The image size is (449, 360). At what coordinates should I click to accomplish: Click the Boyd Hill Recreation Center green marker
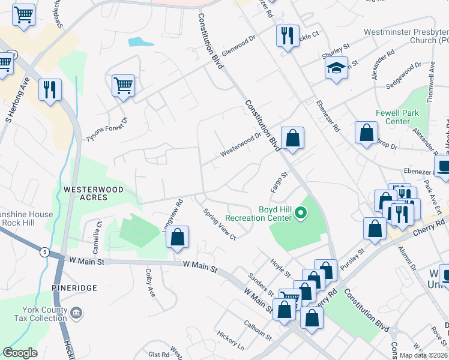point(303,213)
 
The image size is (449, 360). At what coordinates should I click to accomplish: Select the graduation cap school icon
point(336,68)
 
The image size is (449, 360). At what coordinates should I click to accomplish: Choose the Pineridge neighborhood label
point(74,288)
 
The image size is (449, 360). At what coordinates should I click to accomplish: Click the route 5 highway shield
point(45,252)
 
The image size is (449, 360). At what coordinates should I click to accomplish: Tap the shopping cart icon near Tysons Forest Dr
point(123,86)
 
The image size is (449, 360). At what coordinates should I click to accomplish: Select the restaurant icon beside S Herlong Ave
point(49,90)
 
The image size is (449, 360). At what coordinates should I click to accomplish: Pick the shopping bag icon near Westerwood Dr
point(292,138)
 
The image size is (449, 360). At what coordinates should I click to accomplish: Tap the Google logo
point(20,352)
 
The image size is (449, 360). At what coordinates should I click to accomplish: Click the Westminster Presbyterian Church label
point(406,37)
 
